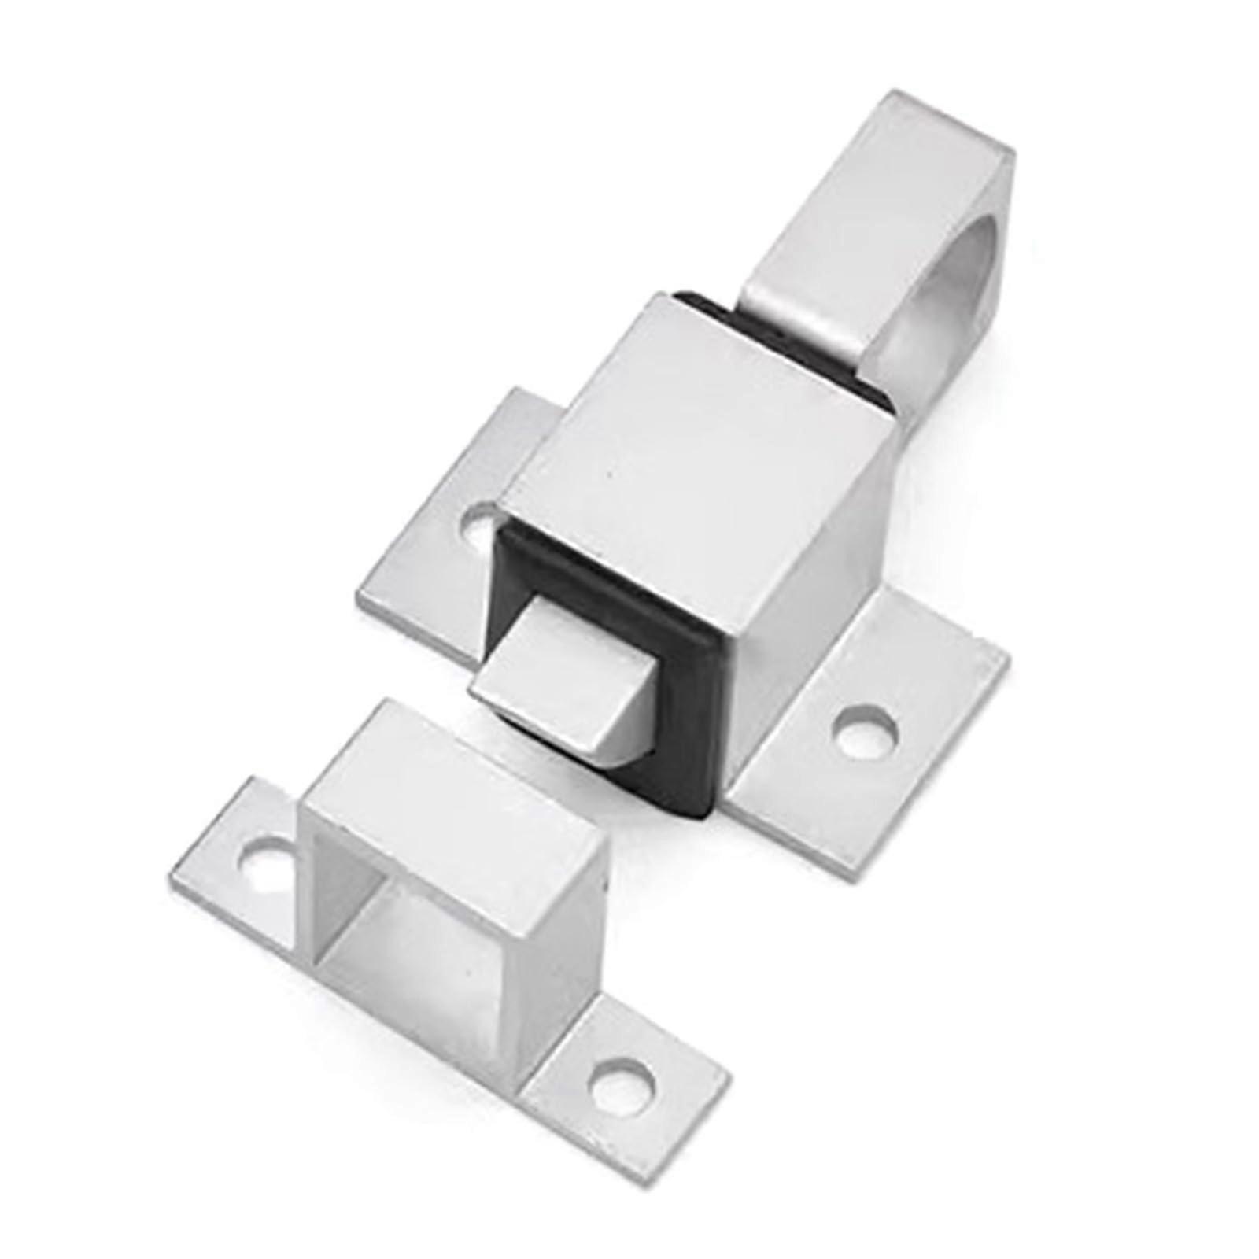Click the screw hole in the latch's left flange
click(482, 525)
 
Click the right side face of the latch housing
click(810, 582)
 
